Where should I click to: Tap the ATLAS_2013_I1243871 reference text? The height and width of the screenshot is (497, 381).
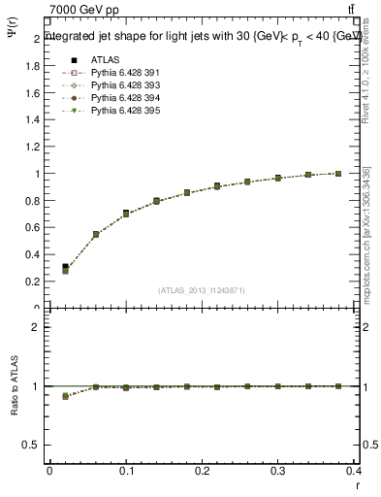click(x=202, y=290)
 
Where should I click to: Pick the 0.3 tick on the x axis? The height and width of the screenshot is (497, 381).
click(x=278, y=471)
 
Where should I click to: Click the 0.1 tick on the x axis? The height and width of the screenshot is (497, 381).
click(x=126, y=471)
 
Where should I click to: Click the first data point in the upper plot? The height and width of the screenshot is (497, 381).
click(x=65, y=268)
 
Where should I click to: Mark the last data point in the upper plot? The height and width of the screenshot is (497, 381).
click(x=337, y=174)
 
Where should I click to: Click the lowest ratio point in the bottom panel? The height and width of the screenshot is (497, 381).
click(x=65, y=396)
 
